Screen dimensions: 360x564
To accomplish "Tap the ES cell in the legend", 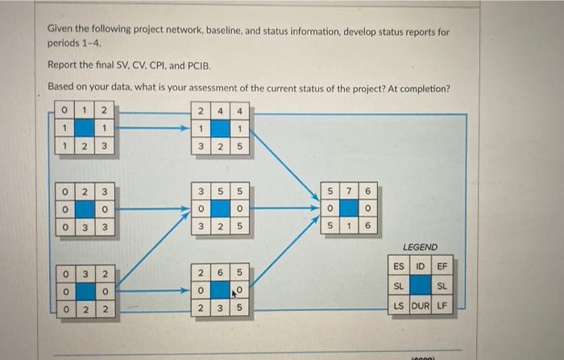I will [399, 267].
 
